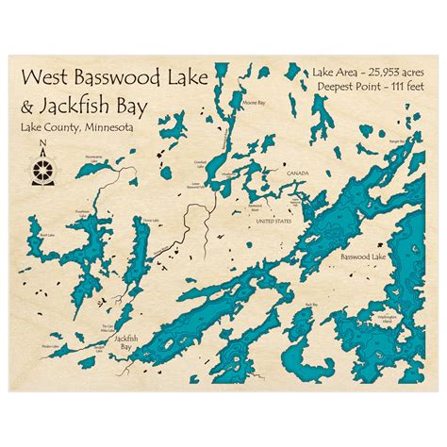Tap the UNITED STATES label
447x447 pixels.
tap(274, 221)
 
